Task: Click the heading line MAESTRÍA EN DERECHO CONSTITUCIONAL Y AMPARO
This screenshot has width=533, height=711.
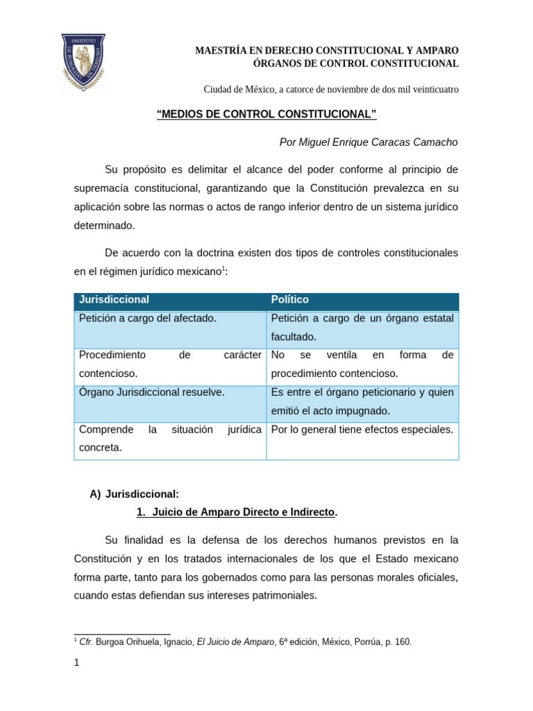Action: pyautogui.click(x=326, y=51)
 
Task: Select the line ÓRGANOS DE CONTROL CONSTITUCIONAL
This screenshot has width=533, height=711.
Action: pyautogui.click(x=356, y=64)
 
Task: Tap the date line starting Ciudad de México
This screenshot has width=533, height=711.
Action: pyautogui.click(x=330, y=90)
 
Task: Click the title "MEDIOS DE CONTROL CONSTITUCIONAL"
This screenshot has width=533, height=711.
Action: pyautogui.click(x=266, y=115)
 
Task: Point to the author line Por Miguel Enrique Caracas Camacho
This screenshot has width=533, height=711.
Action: pyautogui.click(x=368, y=142)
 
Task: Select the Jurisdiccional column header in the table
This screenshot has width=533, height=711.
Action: pyautogui.click(x=115, y=300)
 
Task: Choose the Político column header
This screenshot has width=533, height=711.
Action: pyautogui.click(x=290, y=300)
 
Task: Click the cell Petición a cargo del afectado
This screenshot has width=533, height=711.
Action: pyautogui.click(x=148, y=319)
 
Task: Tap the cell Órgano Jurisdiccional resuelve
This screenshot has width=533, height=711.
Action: pyautogui.click(x=152, y=392)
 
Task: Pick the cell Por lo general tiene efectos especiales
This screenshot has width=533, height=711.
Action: pyautogui.click(x=362, y=430)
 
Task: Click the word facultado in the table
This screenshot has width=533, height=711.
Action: pyautogui.click(x=294, y=337)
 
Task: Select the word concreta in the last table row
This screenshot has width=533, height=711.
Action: pyautogui.click(x=101, y=448)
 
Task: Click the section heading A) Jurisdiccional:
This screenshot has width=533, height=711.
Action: pyautogui.click(x=135, y=494)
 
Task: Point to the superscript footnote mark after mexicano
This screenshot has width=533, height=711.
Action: pyautogui.click(x=223, y=269)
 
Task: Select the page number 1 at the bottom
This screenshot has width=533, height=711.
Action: pyautogui.click(x=77, y=663)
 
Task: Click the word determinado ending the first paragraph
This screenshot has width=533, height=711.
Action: pyautogui.click(x=104, y=226)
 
